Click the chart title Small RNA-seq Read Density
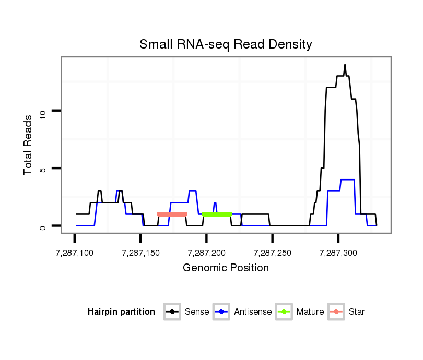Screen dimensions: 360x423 click(x=226, y=44)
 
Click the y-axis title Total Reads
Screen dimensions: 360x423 click(x=29, y=145)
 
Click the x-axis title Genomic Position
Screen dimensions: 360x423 click(x=226, y=268)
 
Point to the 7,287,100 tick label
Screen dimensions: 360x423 click(x=74, y=253)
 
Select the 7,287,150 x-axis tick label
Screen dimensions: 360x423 click(x=140, y=253)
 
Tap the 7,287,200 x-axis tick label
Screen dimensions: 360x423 click(x=206, y=253)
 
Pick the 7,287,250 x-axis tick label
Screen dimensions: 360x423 click(x=272, y=253)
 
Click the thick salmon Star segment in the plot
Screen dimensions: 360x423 click(x=172, y=214)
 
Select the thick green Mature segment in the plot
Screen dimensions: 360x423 click(x=217, y=214)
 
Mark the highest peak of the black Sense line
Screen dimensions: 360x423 click(x=345, y=65)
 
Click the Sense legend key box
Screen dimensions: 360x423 click(x=173, y=312)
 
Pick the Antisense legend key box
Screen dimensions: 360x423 click(x=222, y=312)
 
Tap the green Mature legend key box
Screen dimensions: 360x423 click(x=285, y=312)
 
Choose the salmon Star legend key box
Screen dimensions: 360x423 click(x=337, y=312)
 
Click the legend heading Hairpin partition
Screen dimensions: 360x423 click(x=121, y=312)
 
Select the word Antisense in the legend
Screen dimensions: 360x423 click(x=253, y=312)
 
